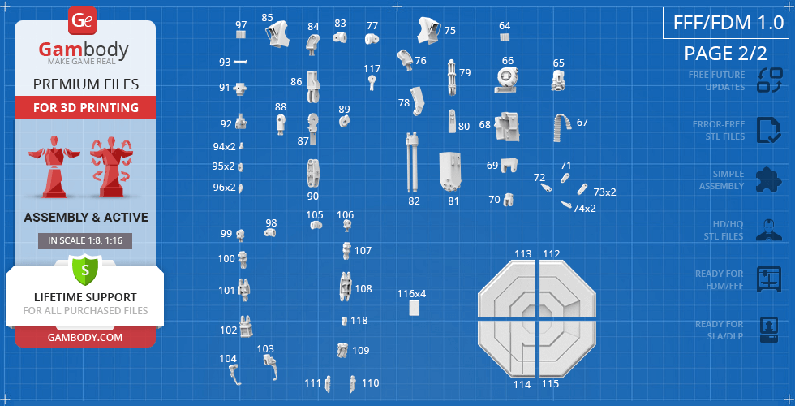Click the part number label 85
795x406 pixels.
click(x=267, y=18)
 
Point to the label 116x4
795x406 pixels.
click(x=412, y=293)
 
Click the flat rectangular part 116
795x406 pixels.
click(x=415, y=308)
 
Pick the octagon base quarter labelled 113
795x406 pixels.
click(x=506, y=288)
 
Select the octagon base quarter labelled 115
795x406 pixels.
click(x=567, y=348)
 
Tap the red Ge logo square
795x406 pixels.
click(x=82, y=21)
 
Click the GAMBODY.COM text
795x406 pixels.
click(x=85, y=338)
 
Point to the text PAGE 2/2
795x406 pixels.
click(x=725, y=54)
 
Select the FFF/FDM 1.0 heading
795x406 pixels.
click(x=728, y=23)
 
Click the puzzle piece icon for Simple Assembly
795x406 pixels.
click(x=769, y=180)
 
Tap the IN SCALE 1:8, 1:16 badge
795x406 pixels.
click(x=85, y=241)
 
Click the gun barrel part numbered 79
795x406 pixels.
click(x=451, y=77)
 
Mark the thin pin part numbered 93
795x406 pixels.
click(x=240, y=62)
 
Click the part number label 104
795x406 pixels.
click(x=228, y=359)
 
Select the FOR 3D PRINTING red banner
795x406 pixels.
click(x=85, y=107)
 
